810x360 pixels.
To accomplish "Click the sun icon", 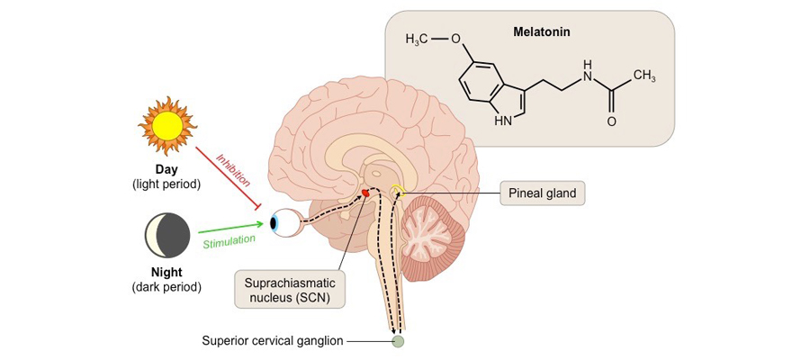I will point(166,125).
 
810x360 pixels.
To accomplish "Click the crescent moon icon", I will point(167,237).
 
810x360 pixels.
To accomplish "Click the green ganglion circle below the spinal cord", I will point(398,341).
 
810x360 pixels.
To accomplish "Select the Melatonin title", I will point(542,31).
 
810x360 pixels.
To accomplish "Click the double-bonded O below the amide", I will point(612,121).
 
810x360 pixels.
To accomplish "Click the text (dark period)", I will point(167,287).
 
